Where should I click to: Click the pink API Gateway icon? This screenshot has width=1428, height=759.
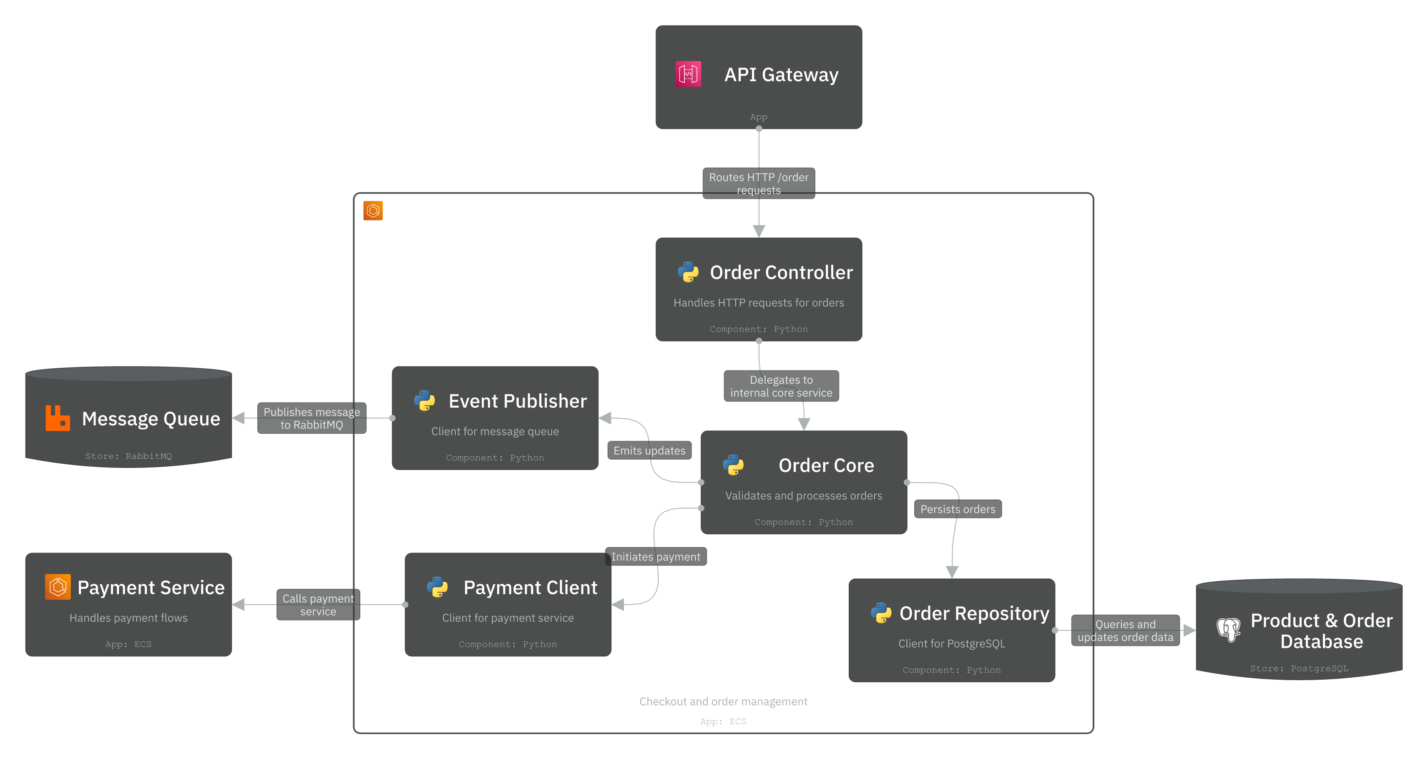[688, 74]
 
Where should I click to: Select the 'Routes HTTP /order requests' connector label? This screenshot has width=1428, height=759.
[758, 183]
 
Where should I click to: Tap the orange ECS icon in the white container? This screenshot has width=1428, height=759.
[373, 211]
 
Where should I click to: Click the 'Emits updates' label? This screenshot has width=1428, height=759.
[649, 451]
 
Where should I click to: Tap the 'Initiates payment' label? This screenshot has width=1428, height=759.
[655, 557]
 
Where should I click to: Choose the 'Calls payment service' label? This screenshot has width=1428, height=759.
[318, 605]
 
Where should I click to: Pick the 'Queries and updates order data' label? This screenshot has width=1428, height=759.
[1125, 631]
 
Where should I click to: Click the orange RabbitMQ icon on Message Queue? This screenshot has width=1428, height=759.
[58, 418]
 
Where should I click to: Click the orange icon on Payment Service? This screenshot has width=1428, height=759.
[58, 587]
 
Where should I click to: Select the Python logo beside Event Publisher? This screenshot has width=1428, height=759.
[425, 401]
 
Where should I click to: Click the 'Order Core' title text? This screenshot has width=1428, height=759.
[826, 466]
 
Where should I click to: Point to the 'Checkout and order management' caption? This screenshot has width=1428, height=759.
[723, 702]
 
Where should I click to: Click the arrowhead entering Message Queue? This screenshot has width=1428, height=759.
[239, 418]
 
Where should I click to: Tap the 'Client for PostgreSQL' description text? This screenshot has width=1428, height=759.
[951, 643]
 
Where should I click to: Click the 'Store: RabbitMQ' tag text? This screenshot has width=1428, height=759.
[128, 456]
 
